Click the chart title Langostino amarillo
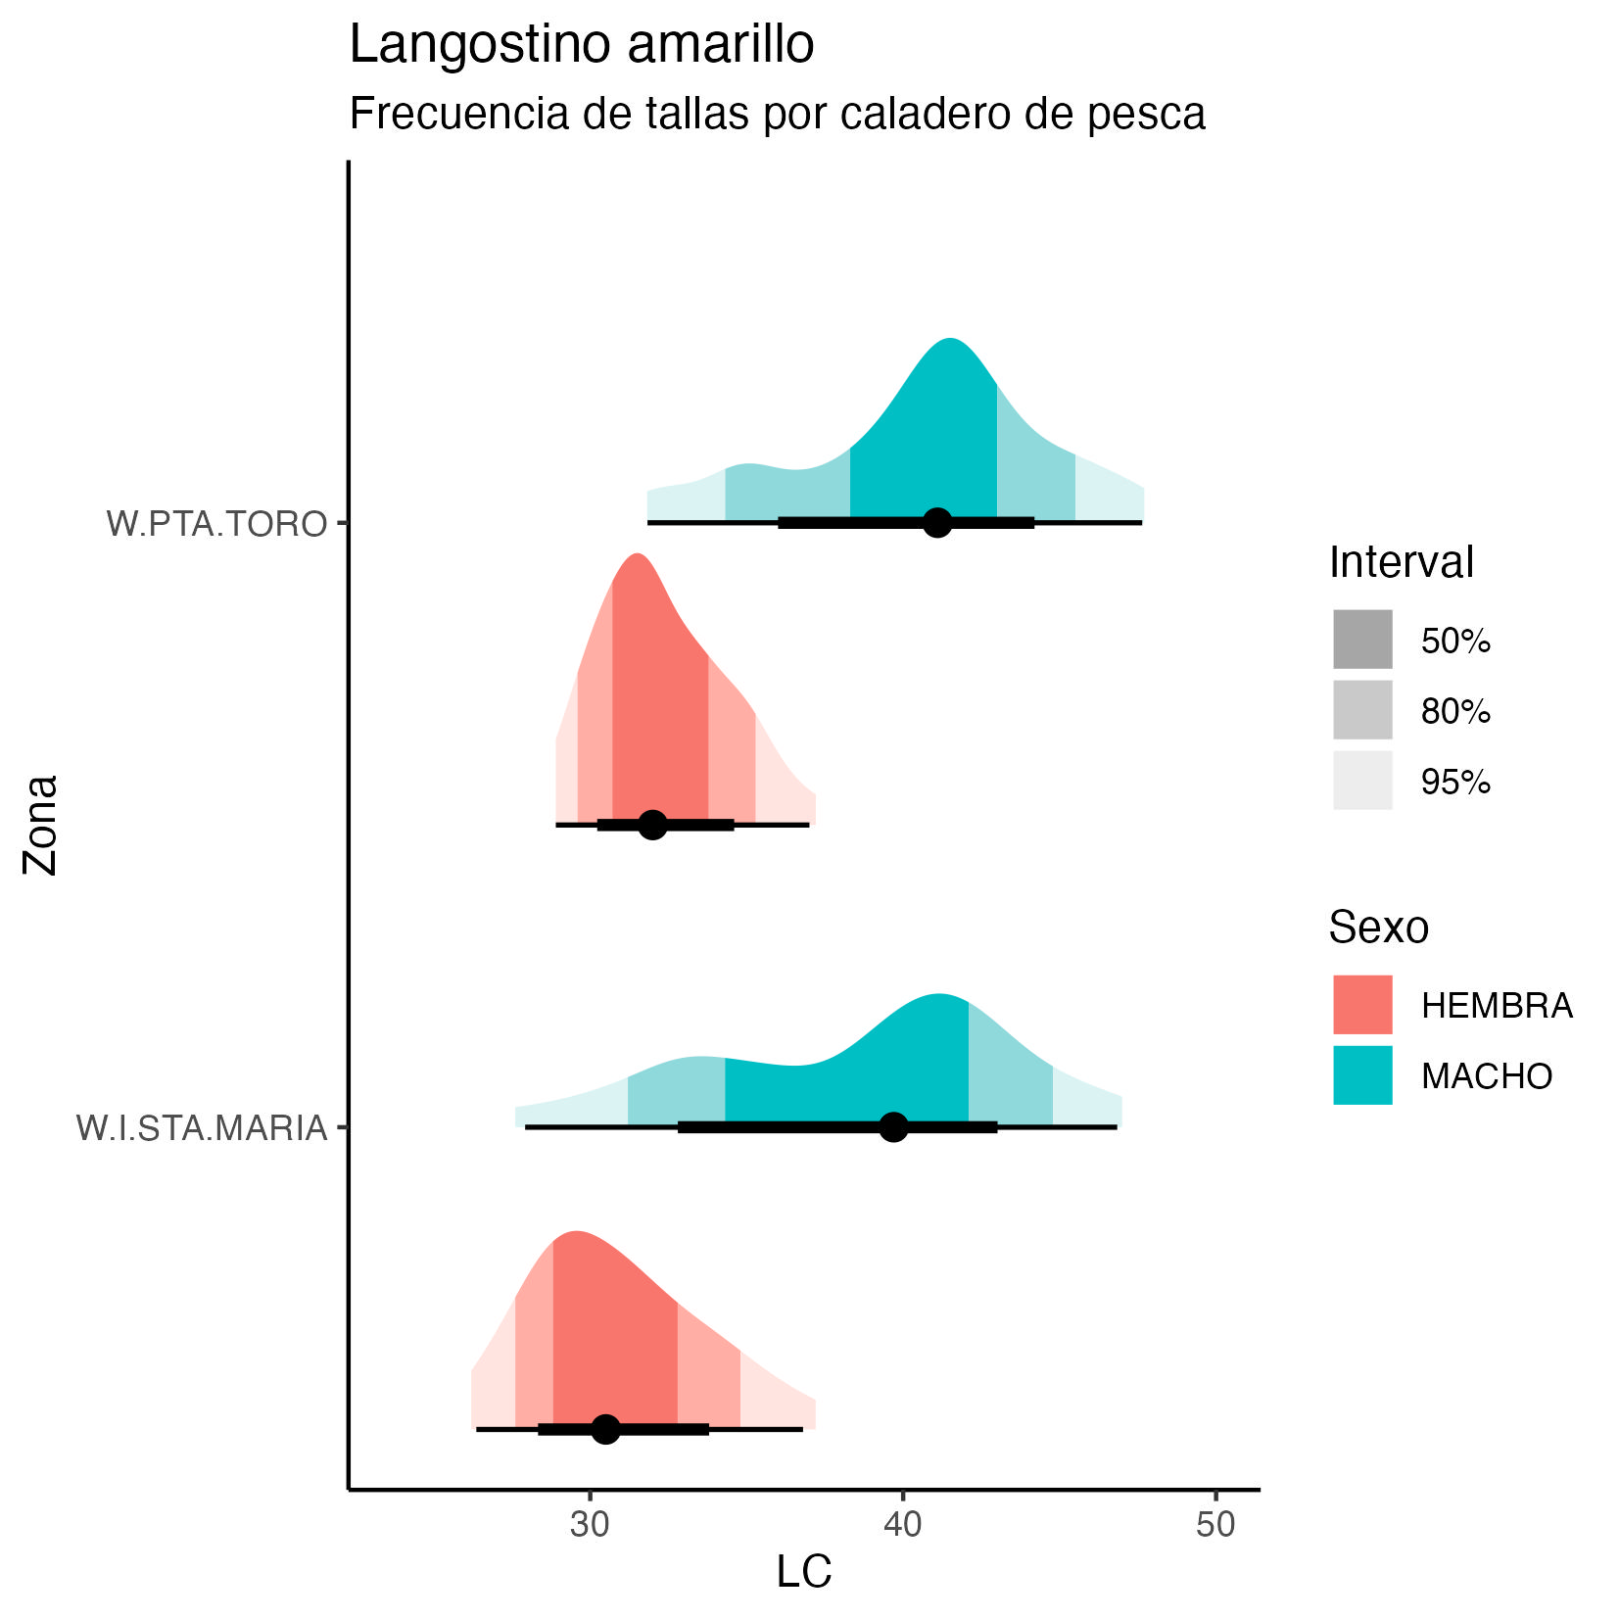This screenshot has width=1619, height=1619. pos(581,45)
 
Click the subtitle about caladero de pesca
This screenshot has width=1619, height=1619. pos(777,114)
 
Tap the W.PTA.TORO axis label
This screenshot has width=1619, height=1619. pos(216,524)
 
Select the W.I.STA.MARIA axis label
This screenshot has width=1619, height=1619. pos(202,1128)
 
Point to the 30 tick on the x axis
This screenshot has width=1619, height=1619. pos(590,1525)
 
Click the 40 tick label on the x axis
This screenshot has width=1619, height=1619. pos(902,1525)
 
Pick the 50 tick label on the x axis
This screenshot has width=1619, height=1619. pos(1215,1525)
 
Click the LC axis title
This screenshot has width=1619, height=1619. pos(803,1572)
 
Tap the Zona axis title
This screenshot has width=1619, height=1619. pos(42,824)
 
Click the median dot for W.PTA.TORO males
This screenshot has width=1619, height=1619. pos(937,523)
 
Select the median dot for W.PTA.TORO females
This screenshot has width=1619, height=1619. pos(652,825)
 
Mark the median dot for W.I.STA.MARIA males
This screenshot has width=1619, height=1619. pos(893,1127)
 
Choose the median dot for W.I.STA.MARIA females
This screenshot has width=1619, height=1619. pos(606,1429)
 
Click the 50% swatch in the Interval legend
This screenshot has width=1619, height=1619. pos(1361,640)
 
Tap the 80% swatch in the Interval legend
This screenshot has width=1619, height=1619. pos(1361,710)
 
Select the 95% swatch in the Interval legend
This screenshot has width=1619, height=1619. pos(1361,781)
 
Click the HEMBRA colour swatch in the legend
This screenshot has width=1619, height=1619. pos(1361,1005)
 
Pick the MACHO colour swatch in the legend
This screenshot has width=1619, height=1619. pos(1361,1075)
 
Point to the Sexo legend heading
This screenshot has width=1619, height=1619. pos(1378,927)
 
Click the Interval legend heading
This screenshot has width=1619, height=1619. pos(1401,562)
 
